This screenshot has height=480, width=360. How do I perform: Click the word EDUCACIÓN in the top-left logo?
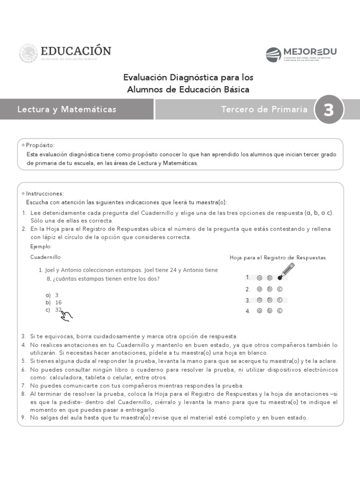coord(75,51)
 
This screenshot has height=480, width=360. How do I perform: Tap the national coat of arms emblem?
coord(28,53)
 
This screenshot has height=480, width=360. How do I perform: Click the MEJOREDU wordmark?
coord(309,52)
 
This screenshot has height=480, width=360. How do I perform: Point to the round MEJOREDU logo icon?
coord(273,55)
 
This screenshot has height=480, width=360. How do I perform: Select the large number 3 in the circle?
coord(329,110)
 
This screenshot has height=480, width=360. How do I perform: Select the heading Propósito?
coord(40,145)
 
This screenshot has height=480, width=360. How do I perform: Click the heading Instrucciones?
coord(45,194)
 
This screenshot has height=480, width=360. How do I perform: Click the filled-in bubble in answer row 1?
coord(280,278)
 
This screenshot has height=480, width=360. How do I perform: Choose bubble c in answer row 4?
coord(280,311)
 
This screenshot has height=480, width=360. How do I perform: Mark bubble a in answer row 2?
coord(259,289)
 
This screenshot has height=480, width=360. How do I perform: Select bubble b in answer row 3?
coord(270,300)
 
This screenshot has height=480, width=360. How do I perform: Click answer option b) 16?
coord(55,302)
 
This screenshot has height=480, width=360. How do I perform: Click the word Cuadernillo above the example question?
coord(45,257)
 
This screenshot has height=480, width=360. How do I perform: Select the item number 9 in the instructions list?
coord(23,417)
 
